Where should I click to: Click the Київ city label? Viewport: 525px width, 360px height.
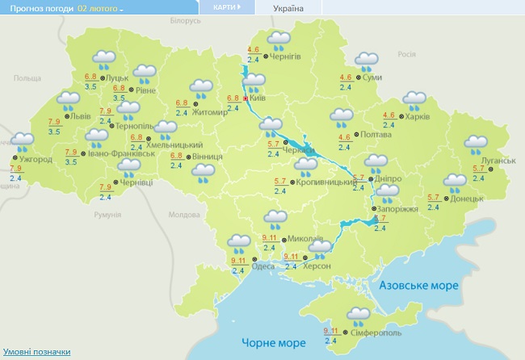point(258,98)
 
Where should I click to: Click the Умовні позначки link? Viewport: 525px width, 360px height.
point(36,352)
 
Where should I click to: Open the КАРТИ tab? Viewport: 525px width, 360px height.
point(225,7)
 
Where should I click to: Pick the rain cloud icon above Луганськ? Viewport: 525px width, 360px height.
point(477,144)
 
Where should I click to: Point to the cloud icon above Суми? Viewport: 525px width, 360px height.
point(367,61)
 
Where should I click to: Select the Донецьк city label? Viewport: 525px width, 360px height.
point(467,199)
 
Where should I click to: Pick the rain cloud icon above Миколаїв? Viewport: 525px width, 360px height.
point(277,218)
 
